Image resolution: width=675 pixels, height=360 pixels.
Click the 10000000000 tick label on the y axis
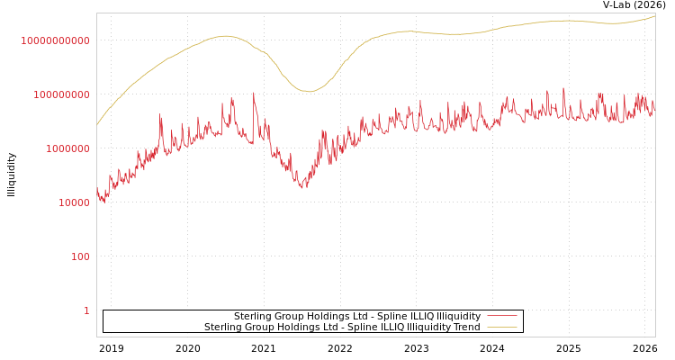coord(55,40)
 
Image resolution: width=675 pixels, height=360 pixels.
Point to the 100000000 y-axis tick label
coord(59,94)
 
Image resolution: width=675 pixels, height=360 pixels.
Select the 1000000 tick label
coord(64,148)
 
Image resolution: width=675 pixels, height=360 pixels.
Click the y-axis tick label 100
coord(80,256)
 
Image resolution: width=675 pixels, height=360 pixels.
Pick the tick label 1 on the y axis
coord(86,310)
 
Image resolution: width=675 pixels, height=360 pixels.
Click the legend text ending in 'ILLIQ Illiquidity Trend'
coord(342,328)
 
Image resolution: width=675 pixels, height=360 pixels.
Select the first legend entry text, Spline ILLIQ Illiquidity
coord(357,317)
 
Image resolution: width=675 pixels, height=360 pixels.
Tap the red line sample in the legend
coord(501,317)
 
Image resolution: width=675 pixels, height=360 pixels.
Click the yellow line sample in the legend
coord(501,328)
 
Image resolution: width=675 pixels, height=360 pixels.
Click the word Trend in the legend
coord(465,328)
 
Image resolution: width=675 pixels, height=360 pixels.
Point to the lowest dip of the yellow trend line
coord(308,91)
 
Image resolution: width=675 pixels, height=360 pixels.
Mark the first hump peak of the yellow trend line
coord(224,36)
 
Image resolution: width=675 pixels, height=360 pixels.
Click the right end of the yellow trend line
coord(654,15)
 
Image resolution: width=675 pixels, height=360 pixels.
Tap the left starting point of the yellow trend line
coord(97,124)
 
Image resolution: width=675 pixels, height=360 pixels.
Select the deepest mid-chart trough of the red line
coord(302,186)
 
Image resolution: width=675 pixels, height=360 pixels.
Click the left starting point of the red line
coord(97,190)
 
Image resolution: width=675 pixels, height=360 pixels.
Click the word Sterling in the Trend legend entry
coord(225,328)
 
